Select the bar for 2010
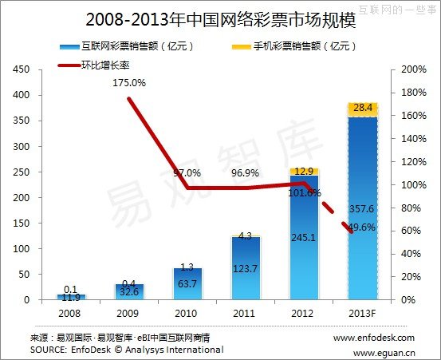(x=188, y=284)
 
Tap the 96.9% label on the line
(x=245, y=172)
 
